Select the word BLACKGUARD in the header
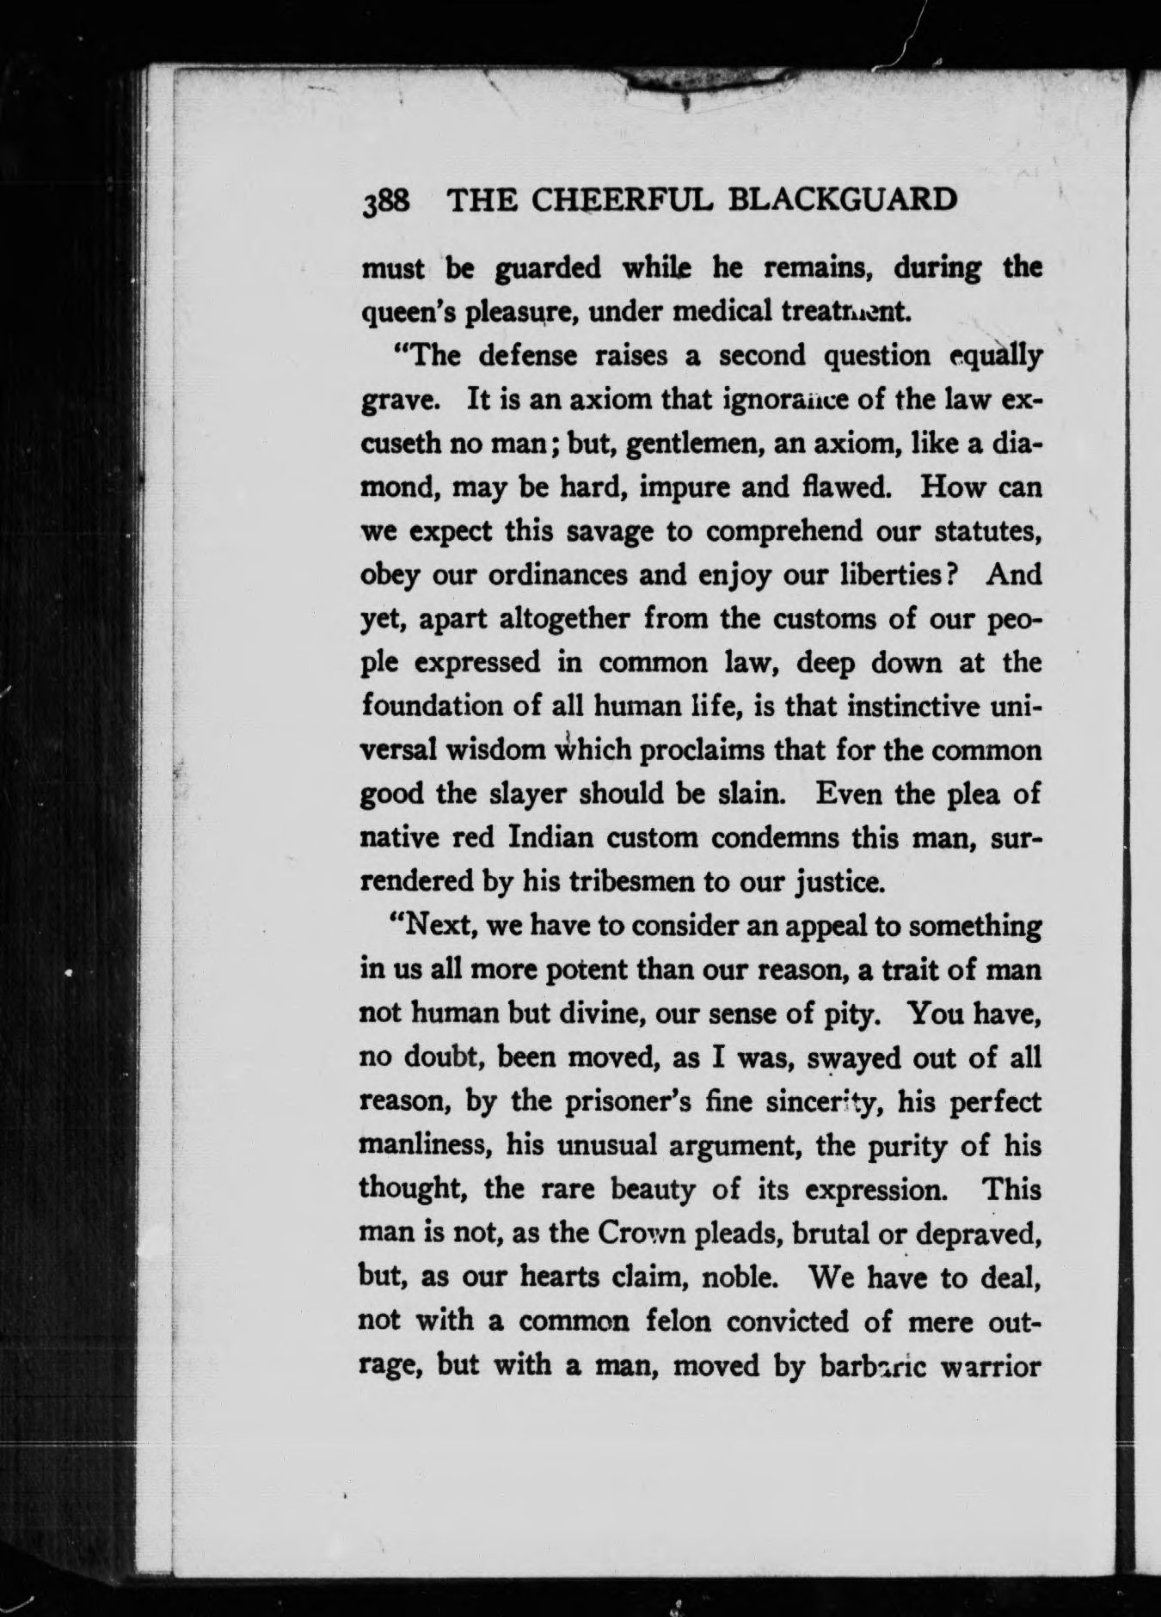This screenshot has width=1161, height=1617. pyautogui.click(x=843, y=199)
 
